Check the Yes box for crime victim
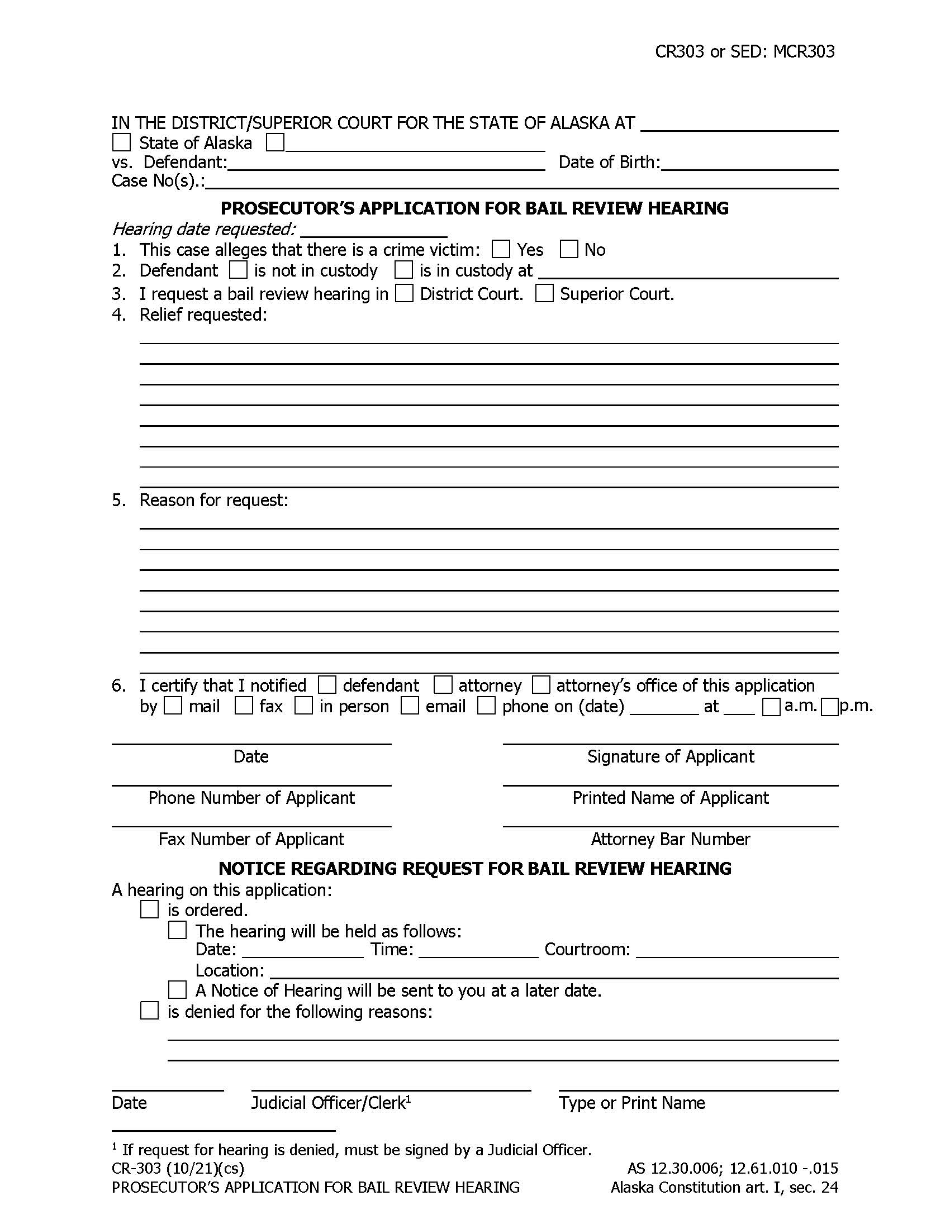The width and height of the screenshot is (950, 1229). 500,249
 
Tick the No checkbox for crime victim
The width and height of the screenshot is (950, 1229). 568,249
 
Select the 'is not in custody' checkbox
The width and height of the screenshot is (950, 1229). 238,270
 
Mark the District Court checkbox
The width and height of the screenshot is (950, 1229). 404,293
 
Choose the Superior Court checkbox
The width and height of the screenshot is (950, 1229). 544,293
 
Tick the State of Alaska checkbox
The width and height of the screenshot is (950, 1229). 121,142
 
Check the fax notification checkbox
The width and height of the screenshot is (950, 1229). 244,706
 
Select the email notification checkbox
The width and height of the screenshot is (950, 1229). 410,706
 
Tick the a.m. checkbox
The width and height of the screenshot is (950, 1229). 771,707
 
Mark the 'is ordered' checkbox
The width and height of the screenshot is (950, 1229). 149,909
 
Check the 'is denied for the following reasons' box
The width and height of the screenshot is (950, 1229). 149,1011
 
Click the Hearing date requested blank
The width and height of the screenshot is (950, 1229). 374,232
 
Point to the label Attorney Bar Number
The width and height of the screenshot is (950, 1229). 670,839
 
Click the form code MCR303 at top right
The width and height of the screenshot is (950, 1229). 804,52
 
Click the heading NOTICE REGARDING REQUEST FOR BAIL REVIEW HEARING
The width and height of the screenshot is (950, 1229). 474,868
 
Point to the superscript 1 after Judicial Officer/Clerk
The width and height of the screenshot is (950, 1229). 408,1098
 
